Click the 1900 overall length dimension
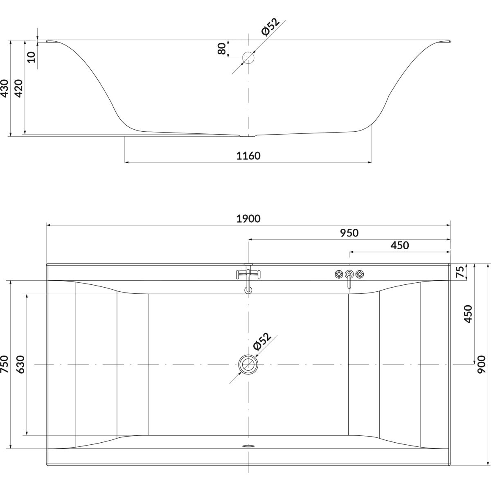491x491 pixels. (248, 219)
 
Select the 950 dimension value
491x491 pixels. (349, 233)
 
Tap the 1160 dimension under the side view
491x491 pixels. (248, 155)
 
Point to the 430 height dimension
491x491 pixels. (5, 88)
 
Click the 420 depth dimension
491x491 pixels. (19, 88)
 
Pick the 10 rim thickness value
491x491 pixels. (31, 57)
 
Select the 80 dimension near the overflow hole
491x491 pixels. (222, 48)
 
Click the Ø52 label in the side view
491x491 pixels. (270, 26)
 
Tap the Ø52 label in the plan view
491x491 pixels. (262, 341)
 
